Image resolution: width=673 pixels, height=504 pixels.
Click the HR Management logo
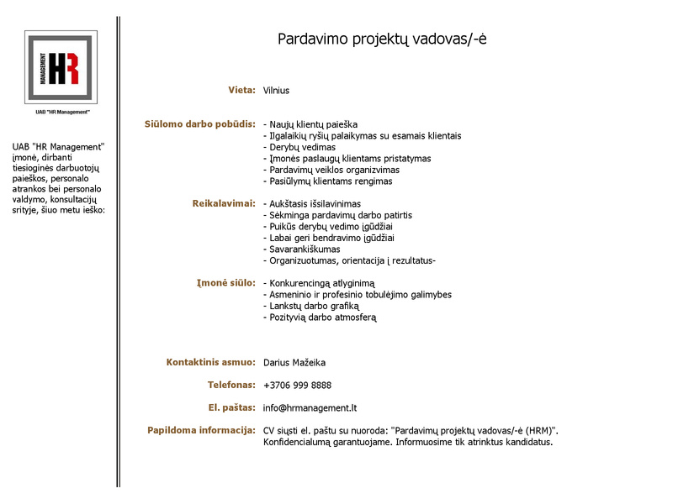[x=61, y=67]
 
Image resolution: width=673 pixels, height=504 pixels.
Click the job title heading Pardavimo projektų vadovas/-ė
[x=382, y=39]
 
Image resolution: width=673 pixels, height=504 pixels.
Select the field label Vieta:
[x=241, y=90]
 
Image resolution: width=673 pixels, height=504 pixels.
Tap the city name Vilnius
[x=276, y=90]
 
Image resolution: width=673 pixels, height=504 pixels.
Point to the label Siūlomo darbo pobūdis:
[x=199, y=124]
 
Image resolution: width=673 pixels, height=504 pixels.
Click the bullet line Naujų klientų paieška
[x=310, y=124]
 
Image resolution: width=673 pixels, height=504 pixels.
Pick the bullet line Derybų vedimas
[x=299, y=147]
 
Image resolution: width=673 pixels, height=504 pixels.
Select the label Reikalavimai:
[x=224, y=203]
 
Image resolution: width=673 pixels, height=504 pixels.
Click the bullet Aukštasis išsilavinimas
[x=312, y=204]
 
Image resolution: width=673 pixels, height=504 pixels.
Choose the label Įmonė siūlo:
[x=225, y=282]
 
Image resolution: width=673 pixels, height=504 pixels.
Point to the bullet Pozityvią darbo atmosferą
[x=320, y=318]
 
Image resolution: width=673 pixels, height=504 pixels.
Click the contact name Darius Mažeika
[x=294, y=363]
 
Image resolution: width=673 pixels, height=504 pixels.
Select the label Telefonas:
[x=231, y=385]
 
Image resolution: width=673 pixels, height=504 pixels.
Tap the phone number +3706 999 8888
[x=297, y=386]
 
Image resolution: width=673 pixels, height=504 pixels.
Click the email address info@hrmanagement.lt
[x=310, y=408]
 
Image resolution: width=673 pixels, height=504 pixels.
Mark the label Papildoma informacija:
[x=201, y=430]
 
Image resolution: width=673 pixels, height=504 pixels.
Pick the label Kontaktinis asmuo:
[x=210, y=362]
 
